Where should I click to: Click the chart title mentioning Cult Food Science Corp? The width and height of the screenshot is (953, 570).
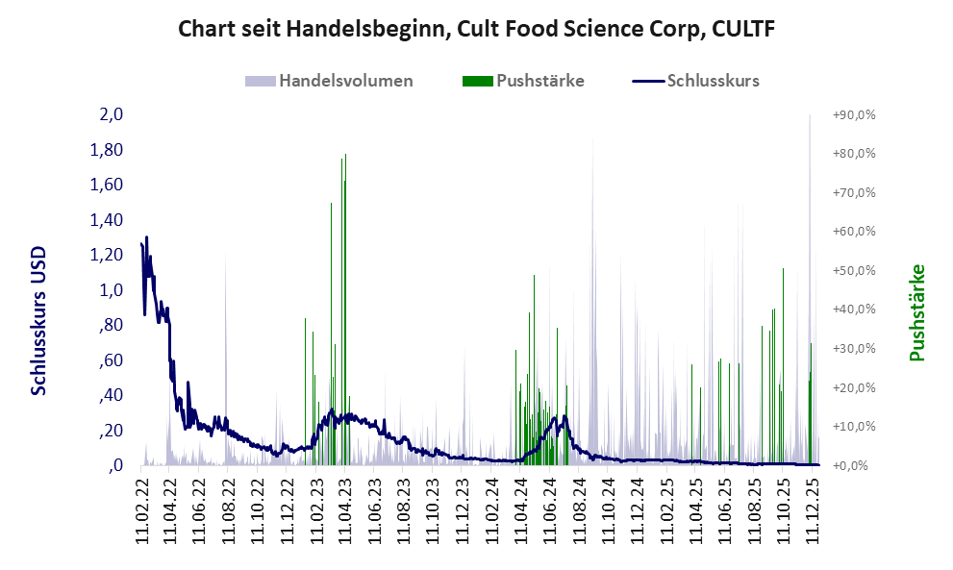click(476, 30)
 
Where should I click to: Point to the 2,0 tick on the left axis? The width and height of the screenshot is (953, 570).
click(112, 115)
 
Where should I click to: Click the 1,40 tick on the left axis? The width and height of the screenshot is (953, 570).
click(109, 220)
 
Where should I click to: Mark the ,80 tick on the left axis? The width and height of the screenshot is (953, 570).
click(112, 325)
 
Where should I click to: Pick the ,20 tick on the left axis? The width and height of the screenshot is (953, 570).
click(112, 431)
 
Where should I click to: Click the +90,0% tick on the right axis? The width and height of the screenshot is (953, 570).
click(853, 115)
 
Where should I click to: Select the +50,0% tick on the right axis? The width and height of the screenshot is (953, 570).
click(853, 270)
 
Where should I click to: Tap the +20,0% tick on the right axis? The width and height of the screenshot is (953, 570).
click(853, 387)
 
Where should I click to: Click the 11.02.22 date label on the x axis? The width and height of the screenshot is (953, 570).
click(141, 510)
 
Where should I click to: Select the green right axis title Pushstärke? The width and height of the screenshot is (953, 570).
click(916, 313)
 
